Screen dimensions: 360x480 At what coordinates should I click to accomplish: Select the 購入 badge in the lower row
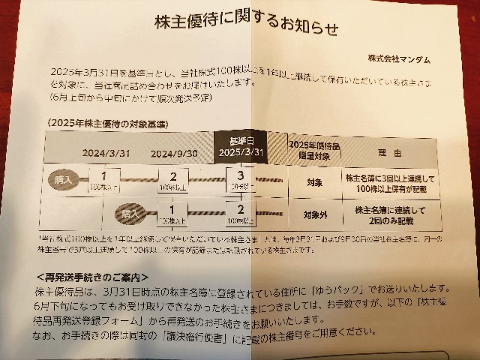pyautogui.click(x=123, y=216)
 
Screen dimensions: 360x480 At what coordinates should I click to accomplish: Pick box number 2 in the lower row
pyautogui.click(x=240, y=214)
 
